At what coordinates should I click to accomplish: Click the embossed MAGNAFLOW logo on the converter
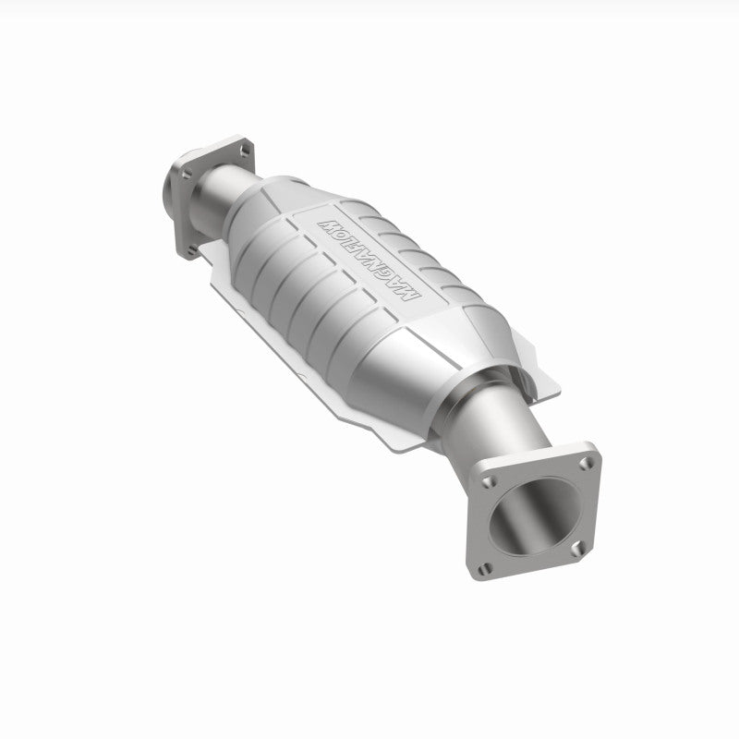point(369,259)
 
